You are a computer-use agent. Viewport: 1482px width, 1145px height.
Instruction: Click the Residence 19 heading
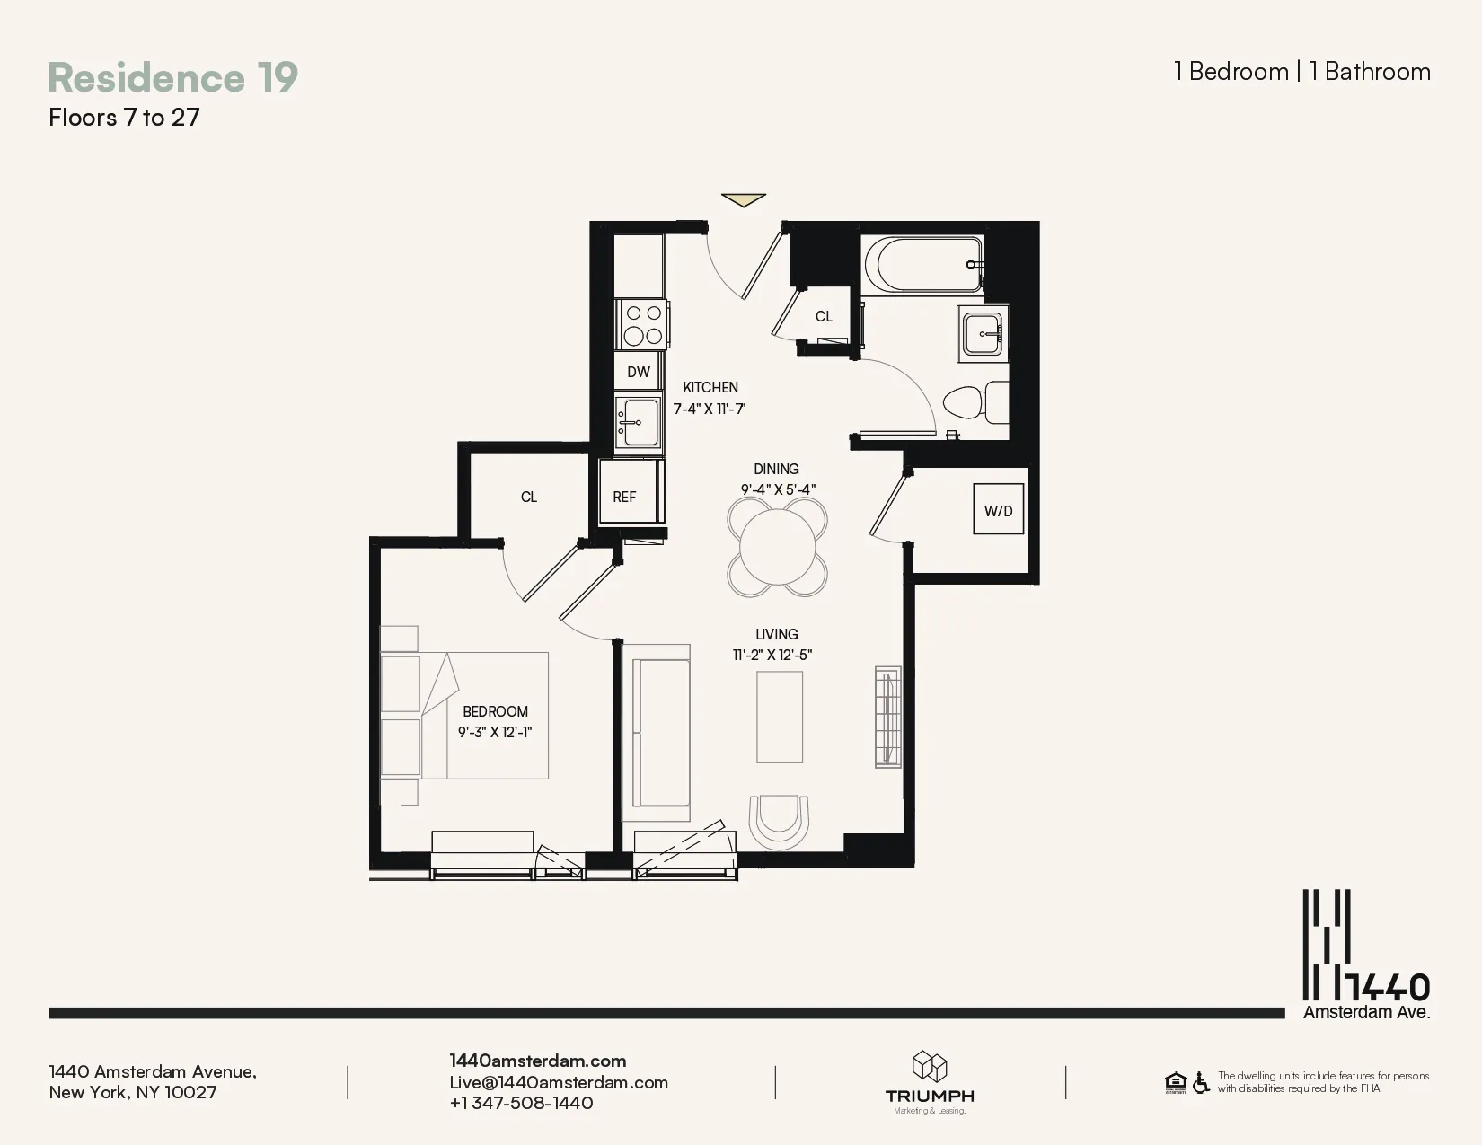coord(172,77)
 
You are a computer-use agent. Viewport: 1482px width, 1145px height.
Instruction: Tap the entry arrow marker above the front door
coord(744,199)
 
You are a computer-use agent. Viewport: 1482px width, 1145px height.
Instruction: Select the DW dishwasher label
coord(639,372)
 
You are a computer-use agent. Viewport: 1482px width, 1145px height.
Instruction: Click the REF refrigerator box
coord(625,497)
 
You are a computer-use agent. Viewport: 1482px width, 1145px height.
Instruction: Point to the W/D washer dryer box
coord(998,510)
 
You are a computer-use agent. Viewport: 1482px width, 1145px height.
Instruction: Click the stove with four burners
coord(643,324)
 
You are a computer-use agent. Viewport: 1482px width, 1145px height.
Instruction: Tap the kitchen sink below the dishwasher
coord(639,422)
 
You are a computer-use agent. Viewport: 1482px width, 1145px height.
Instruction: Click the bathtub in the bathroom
coord(922,264)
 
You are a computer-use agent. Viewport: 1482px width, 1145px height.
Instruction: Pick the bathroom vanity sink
coord(983,334)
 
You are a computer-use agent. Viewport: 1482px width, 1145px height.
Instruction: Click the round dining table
coord(778,546)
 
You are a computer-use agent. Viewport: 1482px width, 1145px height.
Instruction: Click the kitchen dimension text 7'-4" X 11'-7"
coord(710,409)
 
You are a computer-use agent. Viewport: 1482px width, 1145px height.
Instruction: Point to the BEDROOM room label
coord(495,711)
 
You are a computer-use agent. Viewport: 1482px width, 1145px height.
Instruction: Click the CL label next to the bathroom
coord(824,316)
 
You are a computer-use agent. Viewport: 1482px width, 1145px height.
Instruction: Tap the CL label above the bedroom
coord(529,497)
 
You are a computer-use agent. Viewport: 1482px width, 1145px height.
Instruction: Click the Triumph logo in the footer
coord(930,1081)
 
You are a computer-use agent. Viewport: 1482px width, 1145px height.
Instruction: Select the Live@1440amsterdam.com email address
coord(559,1082)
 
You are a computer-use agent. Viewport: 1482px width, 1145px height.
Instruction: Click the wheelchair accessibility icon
coord(1201,1083)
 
